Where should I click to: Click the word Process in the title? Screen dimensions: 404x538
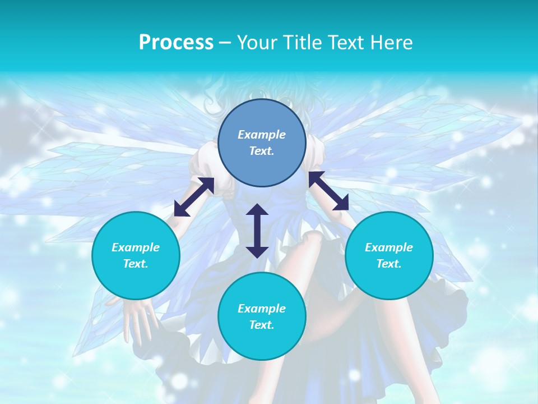point(176,43)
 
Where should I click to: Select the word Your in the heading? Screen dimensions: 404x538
point(256,43)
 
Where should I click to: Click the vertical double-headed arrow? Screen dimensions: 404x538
point(257,231)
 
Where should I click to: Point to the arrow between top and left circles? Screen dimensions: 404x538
point(194,196)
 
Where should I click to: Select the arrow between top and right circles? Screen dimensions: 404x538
point(328,191)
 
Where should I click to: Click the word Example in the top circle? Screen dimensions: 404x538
point(262,135)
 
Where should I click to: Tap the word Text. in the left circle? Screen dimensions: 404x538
point(136,264)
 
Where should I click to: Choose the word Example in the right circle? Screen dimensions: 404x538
point(389,247)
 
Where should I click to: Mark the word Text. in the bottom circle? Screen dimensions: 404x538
point(262,325)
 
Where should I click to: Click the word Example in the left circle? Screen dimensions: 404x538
point(136,247)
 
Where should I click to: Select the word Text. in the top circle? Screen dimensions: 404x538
point(262,151)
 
